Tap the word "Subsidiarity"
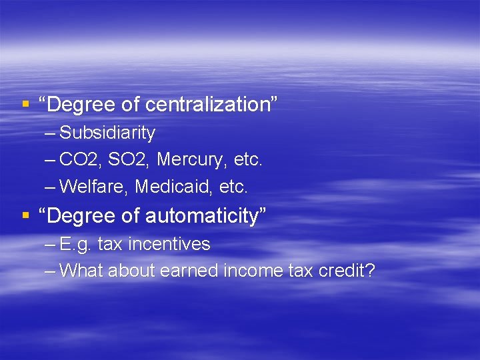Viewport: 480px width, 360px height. coord(107,133)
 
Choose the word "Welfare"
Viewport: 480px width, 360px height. coord(94,187)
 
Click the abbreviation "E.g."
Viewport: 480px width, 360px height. coord(76,245)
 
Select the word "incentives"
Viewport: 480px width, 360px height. coord(169,245)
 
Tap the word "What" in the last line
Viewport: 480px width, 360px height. coord(81,271)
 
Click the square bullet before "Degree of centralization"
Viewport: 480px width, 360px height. coord(25,105)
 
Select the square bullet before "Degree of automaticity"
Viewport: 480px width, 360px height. coord(25,216)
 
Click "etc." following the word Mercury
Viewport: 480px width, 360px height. coord(248,160)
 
